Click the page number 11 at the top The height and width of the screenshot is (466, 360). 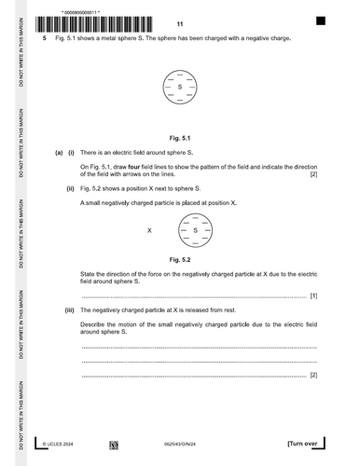point(180,24)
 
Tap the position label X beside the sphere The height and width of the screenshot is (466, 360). point(149,229)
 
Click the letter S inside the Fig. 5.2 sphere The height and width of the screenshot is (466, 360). point(195,229)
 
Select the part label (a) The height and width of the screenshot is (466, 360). point(58,151)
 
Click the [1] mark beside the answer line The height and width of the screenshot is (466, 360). point(313,296)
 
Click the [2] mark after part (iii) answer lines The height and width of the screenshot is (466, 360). point(313,375)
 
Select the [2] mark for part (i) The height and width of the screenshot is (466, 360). point(313,173)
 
